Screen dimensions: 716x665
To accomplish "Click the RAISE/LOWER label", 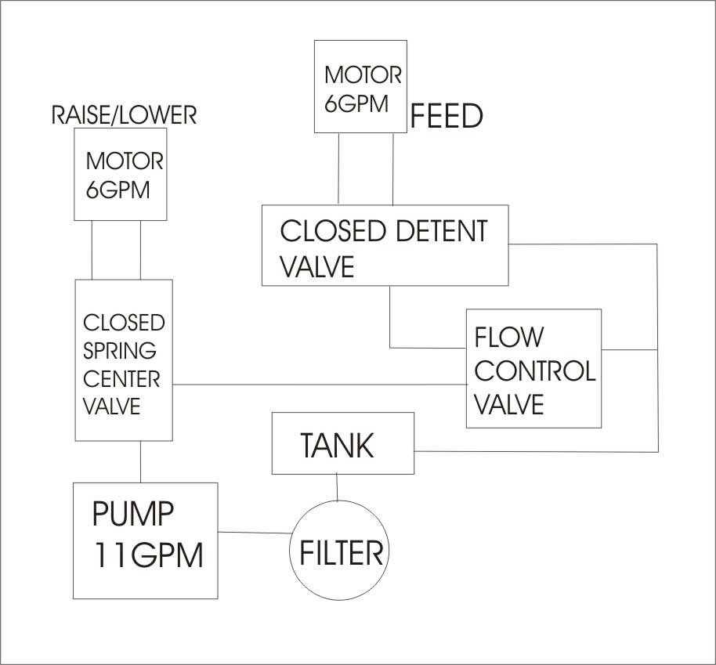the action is [x=124, y=114].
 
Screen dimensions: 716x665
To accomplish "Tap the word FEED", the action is [x=447, y=116].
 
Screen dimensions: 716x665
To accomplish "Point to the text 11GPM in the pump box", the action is [x=148, y=555].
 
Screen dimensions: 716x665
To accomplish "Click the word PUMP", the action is [x=133, y=513].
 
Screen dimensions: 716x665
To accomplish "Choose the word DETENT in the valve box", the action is [x=442, y=230].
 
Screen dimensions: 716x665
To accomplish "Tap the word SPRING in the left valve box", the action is [x=120, y=350].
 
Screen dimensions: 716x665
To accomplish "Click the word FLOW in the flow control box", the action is [x=509, y=337].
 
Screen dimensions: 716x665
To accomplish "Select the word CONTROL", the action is [x=535, y=370].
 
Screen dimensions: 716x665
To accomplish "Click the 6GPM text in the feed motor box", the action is [x=356, y=103].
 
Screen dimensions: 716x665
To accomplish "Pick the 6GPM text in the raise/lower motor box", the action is [x=118, y=190].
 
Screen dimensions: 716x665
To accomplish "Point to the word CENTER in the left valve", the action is [x=121, y=379].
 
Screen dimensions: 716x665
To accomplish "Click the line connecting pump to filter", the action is [x=255, y=533].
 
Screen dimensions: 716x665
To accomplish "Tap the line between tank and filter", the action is [x=337, y=487].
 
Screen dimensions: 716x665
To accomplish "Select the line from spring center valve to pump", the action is [x=140, y=462].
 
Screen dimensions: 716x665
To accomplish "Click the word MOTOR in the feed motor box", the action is [x=363, y=75].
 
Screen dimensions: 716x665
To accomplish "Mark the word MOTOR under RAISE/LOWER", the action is [x=125, y=161].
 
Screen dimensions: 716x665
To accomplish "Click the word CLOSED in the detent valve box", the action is [x=333, y=230].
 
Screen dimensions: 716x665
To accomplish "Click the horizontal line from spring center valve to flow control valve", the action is [x=320, y=385].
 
